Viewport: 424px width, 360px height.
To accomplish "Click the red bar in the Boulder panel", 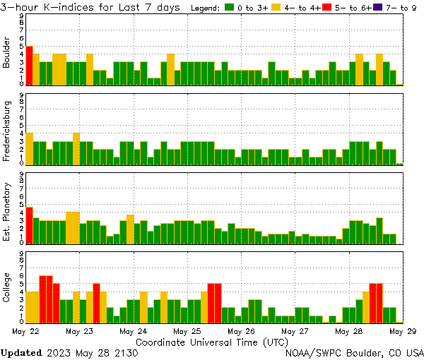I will click(x=29, y=66).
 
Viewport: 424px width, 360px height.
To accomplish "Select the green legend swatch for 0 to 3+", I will click(x=230, y=8).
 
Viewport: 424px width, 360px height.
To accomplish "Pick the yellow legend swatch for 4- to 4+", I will click(x=276, y=8).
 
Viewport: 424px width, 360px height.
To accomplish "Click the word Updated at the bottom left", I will click(x=21, y=352).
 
